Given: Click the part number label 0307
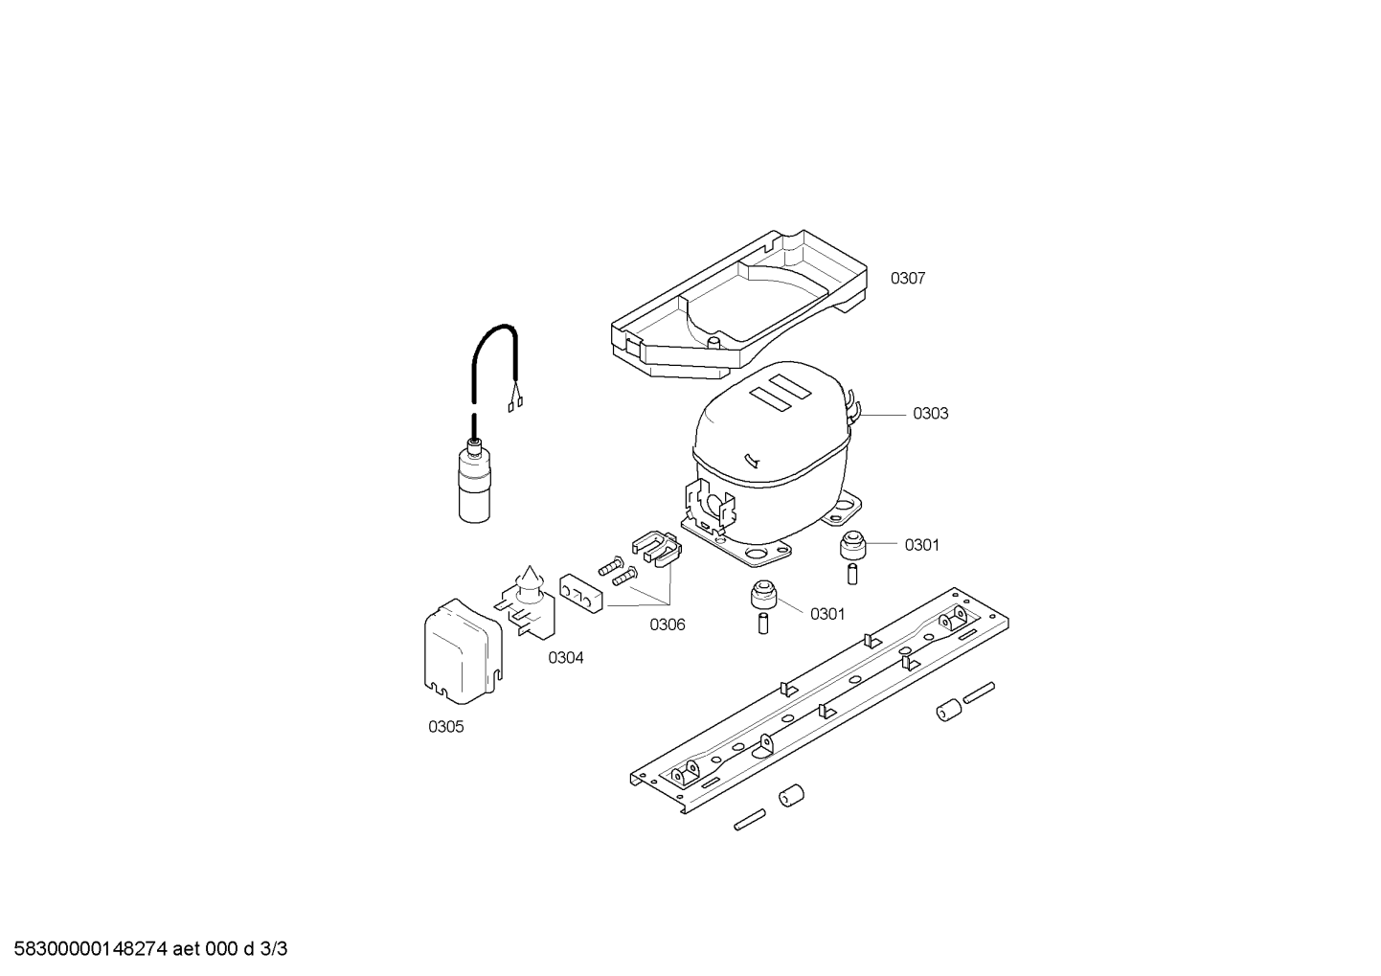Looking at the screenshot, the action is (x=908, y=279).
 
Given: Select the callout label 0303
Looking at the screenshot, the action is (x=930, y=414).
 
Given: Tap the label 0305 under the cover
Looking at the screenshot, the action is (x=445, y=727).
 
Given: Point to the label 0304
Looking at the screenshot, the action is (x=566, y=658).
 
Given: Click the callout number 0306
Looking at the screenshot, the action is (x=668, y=624).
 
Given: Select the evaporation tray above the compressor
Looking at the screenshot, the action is (x=738, y=306).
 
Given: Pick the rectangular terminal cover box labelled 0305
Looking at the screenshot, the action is (x=463, y=651).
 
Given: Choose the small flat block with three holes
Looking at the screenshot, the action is (x=580, y=594).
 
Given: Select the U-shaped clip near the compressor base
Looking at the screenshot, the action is (x=657, y=548).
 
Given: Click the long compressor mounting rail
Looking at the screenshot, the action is (x=820, y=700).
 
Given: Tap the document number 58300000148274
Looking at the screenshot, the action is (x=90, y=949).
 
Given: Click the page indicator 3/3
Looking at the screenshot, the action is (x=274, y=949).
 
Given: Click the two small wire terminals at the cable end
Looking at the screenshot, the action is (x=516, y=404).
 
